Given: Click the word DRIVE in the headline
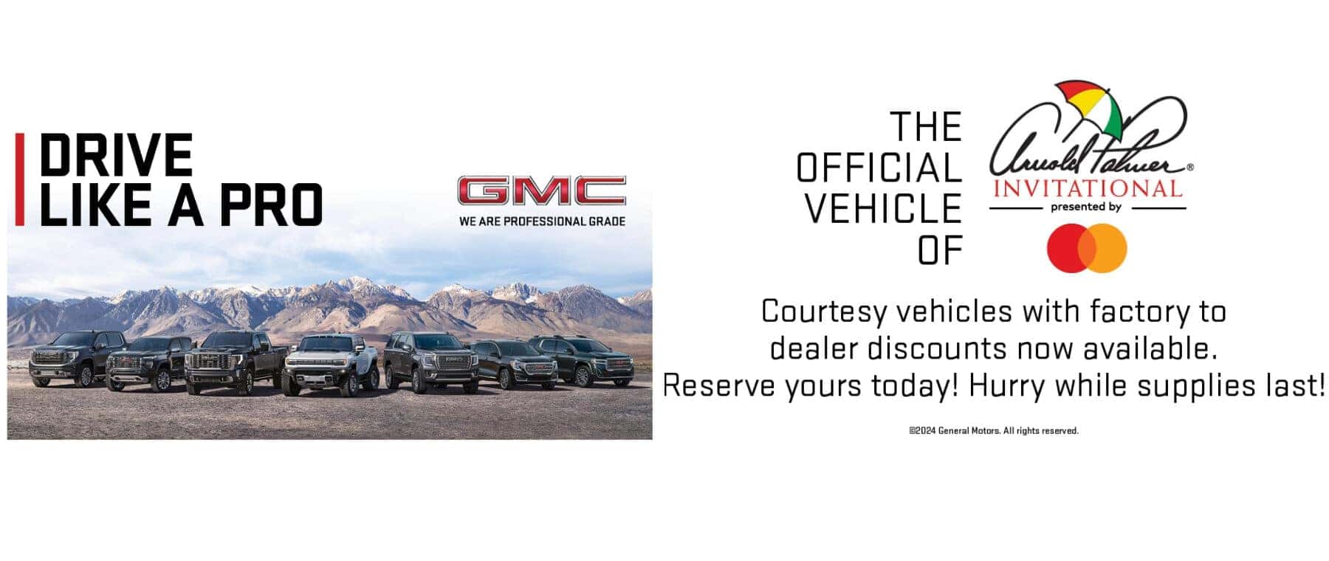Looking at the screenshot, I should coord(116,155).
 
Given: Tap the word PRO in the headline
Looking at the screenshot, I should coord(271,204).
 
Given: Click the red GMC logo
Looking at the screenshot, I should coord(541,190).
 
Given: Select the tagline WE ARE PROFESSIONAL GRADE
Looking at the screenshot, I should coord(542,221).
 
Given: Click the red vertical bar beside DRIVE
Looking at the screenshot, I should coord(20,179).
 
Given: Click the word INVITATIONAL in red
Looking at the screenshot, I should coord(1088,188).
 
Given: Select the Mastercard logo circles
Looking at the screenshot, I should coord(1087,248).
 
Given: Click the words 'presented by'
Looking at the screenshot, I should coord(1086,207).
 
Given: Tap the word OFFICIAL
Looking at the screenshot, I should coord(879,168).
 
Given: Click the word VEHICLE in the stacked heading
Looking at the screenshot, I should coord(883,208).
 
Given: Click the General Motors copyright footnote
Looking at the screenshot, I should coord(994,430).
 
